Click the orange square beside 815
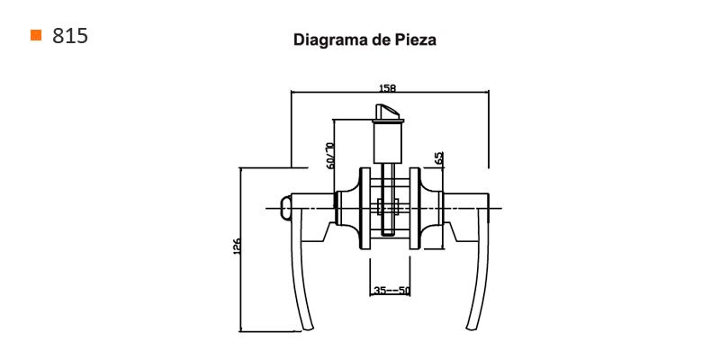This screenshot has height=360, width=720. pyautogui.click(x=36, y=35)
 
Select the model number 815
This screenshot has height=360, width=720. pyautogui.click(x=70, y=35)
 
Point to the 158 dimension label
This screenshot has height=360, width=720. pyautogui.click(x=388, y=87)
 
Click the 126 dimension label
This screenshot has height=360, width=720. pyautogui.click(x=237, y=247)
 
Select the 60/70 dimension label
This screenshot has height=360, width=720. pyautogui.click(x=329, y=156)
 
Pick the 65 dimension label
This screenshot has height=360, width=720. pyautogui.click(x=439, y=158)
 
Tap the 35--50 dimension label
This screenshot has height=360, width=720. pyautogui.click(x=391, y=290)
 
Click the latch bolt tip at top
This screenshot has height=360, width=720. pyautogui.click(x=387, y=112)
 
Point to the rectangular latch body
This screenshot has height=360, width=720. pyautogui.click(x=389, y=145)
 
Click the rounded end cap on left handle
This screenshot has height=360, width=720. pyautogui.click(x=285, y=209)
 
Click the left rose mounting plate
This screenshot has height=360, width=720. pyautogui.click(x=364, y=209)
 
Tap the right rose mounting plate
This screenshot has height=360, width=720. pyautogui.click(x=415, y=209)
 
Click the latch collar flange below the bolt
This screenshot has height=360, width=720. pyautogui.click(x=389, y=121)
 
